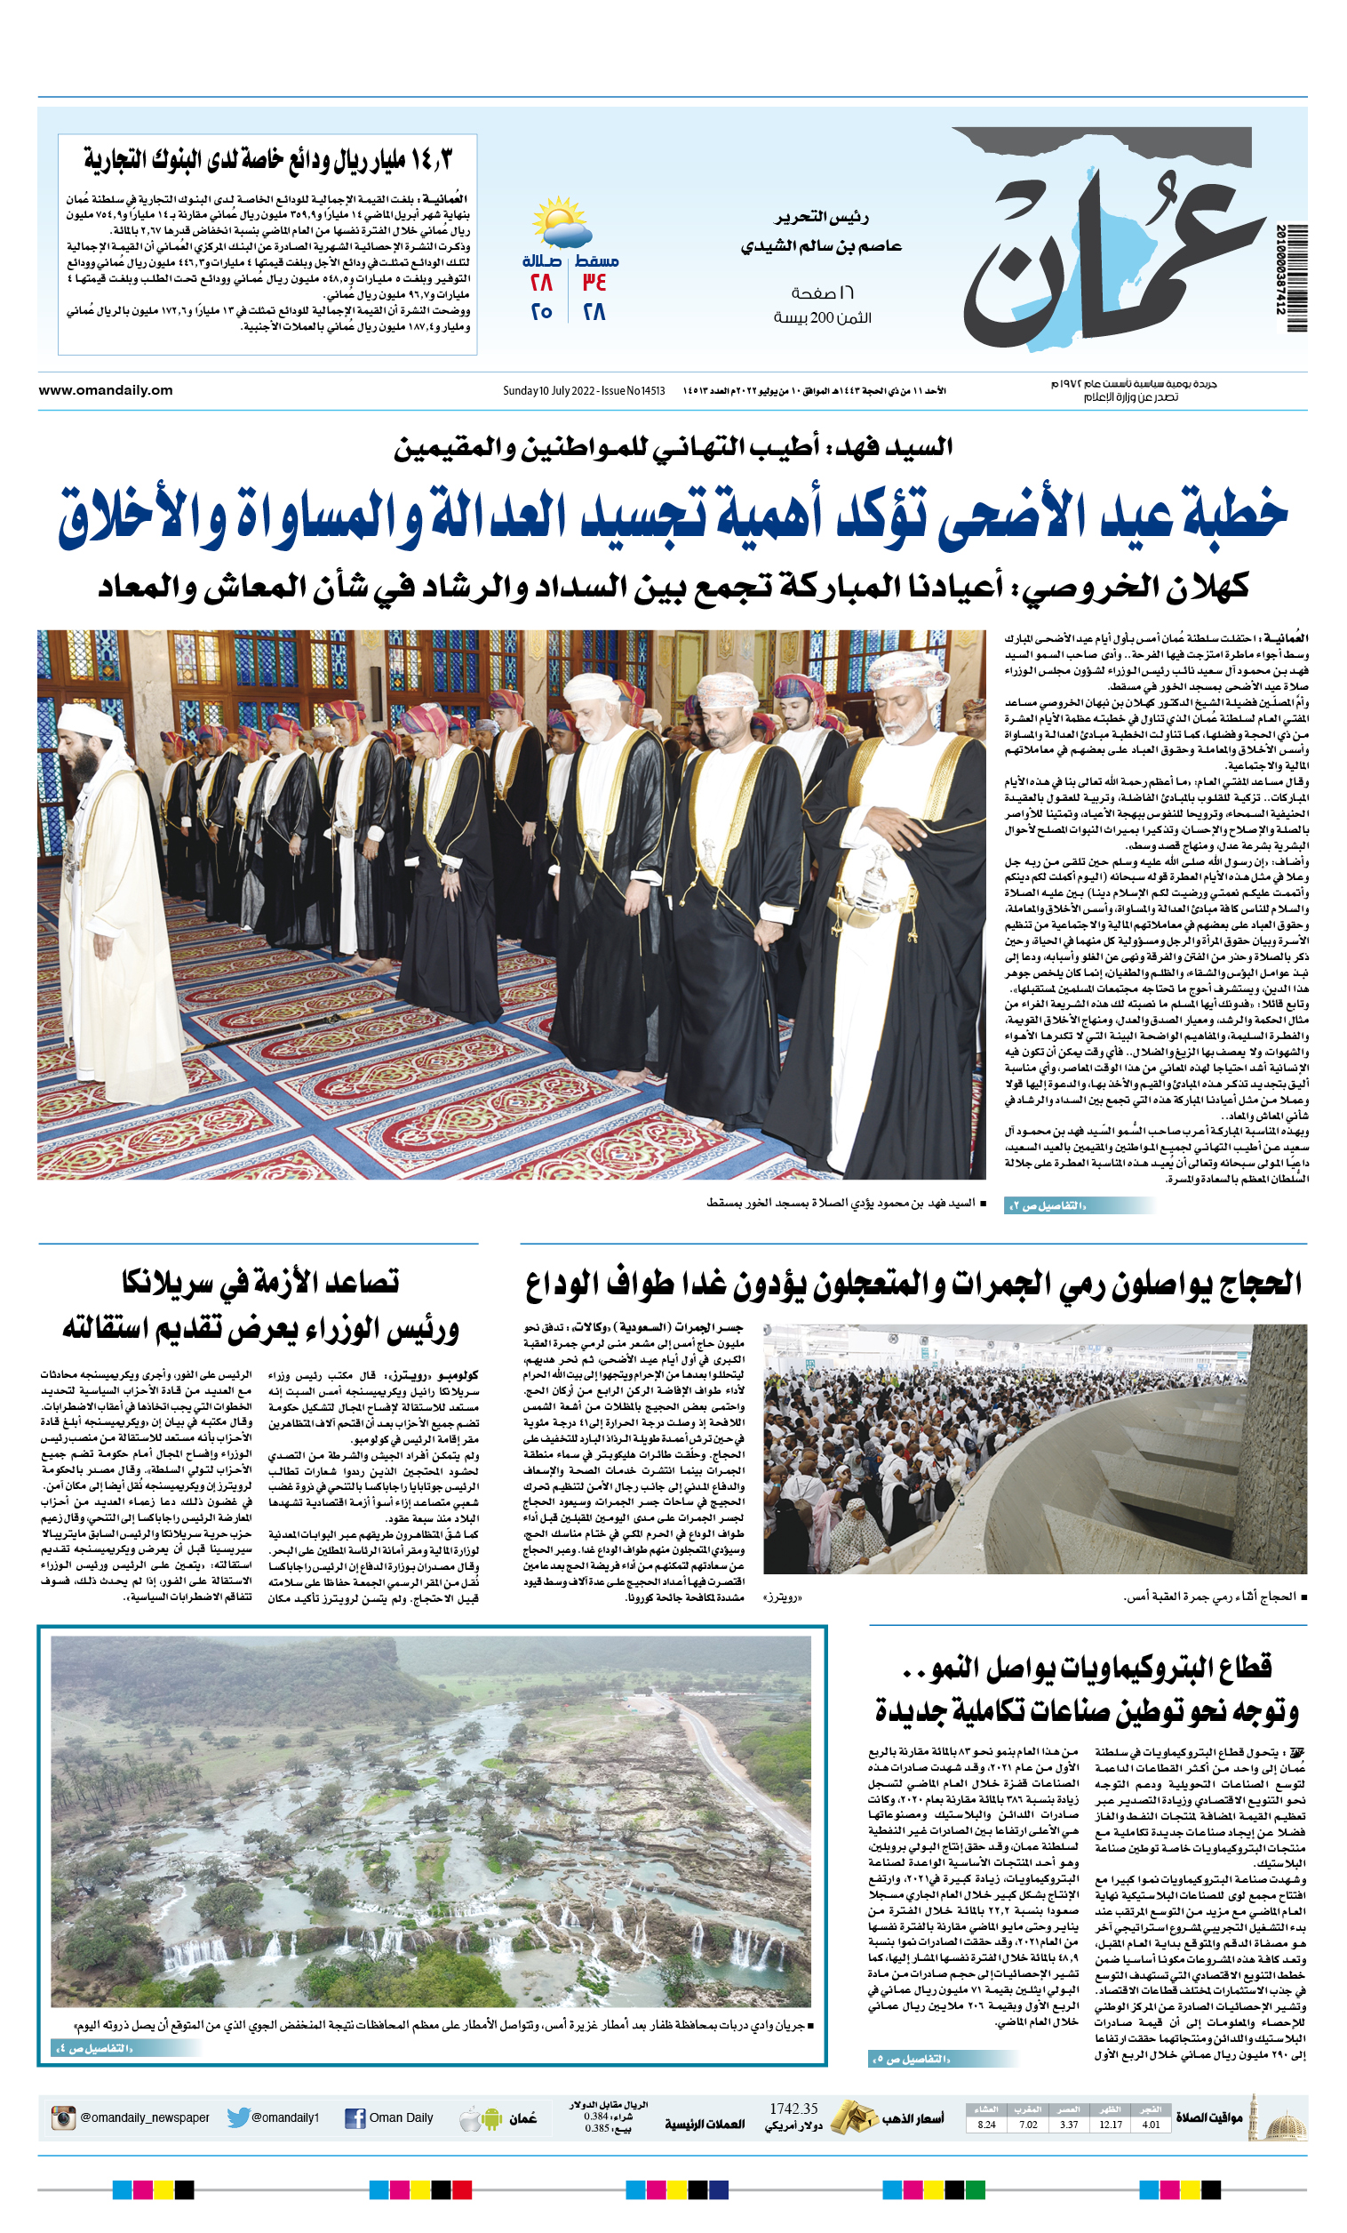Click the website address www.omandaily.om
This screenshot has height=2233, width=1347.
click(105, 390)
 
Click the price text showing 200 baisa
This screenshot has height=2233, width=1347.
click(822, 318)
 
